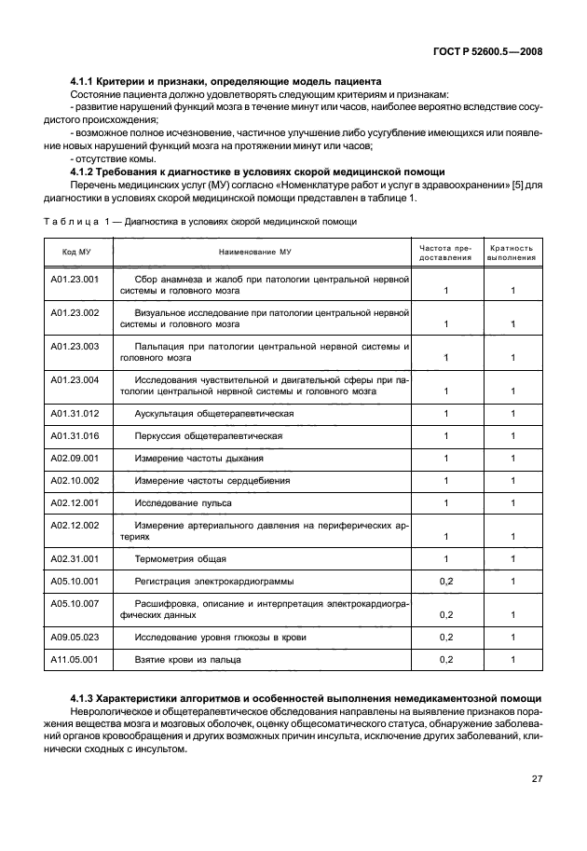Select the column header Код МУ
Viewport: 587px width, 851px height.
point(76,253)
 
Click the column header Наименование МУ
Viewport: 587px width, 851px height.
point(255,253)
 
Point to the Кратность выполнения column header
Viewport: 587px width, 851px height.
point(512,253)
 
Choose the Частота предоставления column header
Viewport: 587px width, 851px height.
point(446,253)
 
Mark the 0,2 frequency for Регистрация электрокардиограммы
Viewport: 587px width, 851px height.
point(445,582)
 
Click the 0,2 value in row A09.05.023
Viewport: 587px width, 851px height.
point(445,638)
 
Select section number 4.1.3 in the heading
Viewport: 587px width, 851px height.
point(84,698)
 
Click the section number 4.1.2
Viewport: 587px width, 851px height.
point(84,172)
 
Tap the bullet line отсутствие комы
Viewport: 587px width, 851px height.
point(106,159)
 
